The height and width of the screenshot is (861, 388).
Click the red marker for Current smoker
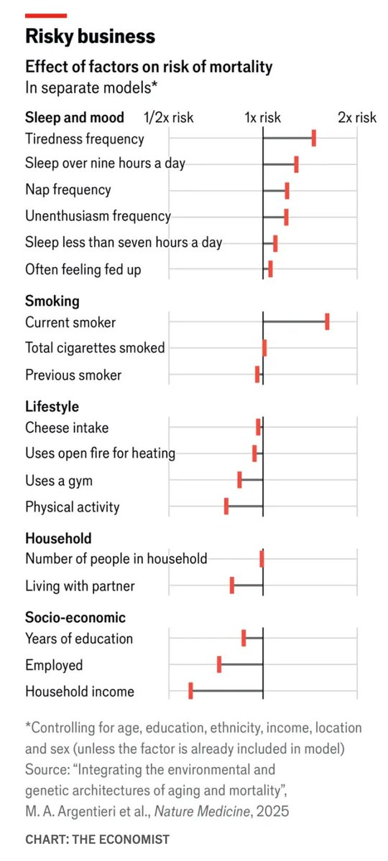click(327, 321)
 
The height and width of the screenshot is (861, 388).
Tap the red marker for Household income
click(190, 691)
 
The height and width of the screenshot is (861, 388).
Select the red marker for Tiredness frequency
click(314, 138)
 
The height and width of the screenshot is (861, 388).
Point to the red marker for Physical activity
click(226, 507)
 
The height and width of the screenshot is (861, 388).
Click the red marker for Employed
click(219, 664)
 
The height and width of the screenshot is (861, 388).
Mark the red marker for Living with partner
click(232, 585)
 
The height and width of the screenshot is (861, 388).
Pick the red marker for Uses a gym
click(239, 480)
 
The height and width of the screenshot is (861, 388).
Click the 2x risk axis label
click(357, 117)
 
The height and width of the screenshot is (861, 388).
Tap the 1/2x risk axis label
click(169, 117)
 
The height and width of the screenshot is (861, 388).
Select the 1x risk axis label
click(263, 117)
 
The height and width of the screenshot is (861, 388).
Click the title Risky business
click(90, 36)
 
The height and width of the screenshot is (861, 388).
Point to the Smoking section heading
click(52, 301)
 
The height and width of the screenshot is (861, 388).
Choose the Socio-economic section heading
click(75, 617)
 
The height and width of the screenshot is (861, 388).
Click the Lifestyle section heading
click(52, 406)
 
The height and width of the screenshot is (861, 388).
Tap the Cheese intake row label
click(67, 428)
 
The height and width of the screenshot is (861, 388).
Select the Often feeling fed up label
click(83, 270)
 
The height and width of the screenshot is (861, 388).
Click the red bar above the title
click(46, 15)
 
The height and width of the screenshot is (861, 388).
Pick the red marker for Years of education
click(244, 638)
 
